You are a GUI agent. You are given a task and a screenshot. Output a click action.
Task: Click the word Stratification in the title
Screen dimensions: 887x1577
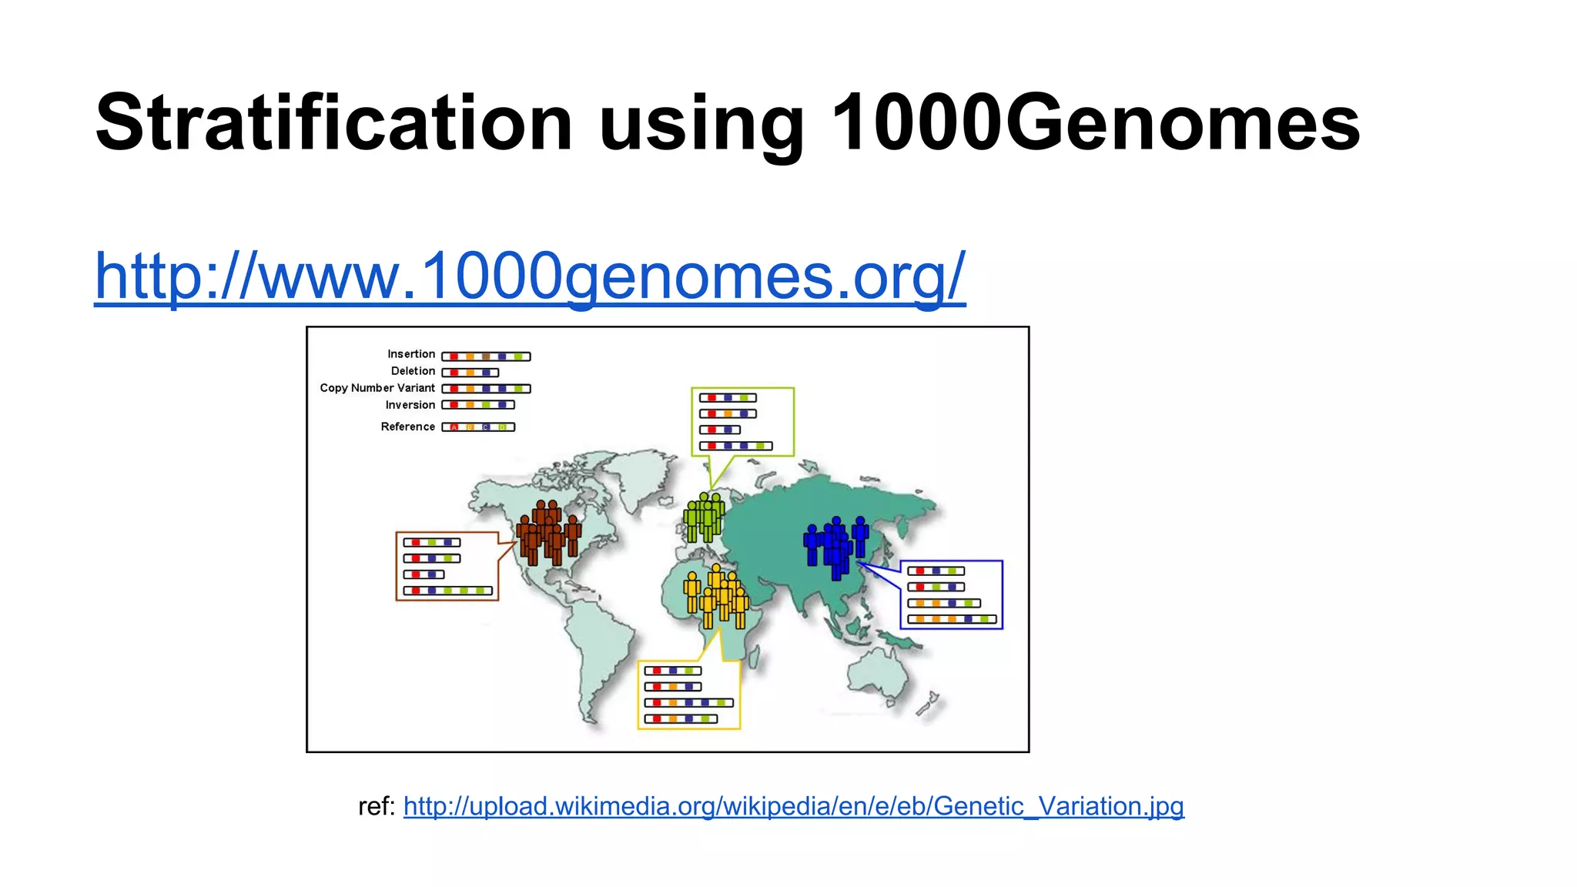333,123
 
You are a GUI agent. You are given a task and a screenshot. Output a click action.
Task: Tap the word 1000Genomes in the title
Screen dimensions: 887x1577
1096,123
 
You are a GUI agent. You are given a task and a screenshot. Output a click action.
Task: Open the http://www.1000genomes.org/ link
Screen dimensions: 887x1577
530,276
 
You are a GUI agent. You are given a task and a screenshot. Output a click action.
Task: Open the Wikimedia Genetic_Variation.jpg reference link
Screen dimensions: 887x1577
793,806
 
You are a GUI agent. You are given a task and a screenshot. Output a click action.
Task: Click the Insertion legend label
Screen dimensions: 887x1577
411,354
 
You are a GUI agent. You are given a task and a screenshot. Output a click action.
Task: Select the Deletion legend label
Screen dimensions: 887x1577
413,371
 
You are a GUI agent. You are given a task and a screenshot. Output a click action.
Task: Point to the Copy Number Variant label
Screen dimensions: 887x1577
377,388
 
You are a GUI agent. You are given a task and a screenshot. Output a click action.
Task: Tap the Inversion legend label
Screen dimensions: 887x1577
410,405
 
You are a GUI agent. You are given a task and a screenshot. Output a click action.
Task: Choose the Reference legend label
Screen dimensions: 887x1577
408,427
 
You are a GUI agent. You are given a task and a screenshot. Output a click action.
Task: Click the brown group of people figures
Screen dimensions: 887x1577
548,533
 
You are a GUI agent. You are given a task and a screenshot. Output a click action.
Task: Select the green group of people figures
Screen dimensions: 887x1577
704,517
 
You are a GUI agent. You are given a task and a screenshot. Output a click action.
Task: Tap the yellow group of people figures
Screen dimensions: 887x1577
716,597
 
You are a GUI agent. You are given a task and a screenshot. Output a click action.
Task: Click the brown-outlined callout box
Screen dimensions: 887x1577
447,566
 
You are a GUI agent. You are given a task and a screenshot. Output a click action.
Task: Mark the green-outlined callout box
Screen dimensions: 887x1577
742,422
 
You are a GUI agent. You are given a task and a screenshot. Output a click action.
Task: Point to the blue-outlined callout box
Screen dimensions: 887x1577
952,594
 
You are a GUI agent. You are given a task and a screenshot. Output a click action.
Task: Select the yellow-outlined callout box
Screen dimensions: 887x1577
689,695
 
